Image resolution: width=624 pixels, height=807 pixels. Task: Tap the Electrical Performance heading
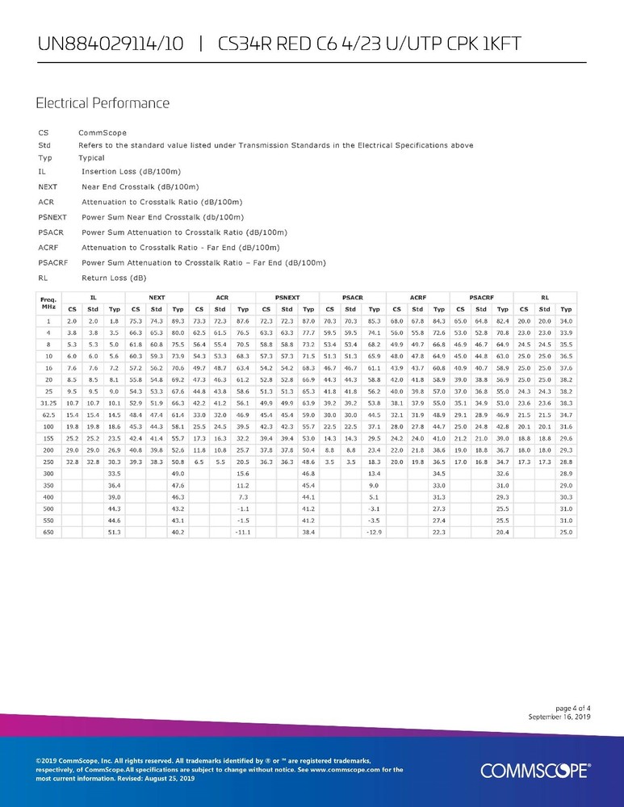pyautogui.click(x=103, y=103)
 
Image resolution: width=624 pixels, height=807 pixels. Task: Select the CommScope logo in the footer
pyautogui.click(x=535, y=770)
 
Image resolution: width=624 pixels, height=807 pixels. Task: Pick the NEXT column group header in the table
pyautogui.click(x=157, y=298)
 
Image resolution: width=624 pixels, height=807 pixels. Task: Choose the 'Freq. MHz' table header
pyautogui.click(x=48, y=303)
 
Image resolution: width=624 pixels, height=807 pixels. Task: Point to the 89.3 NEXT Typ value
pyautogui.click(x=178, y=321)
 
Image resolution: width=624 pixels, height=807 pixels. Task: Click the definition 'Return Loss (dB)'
pyautogui.click(x=114, y=278)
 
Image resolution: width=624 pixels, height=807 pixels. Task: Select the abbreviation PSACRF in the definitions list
pyautogui.click(x=52, y=262)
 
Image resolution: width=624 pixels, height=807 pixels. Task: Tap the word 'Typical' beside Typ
pyautogui.click(x=92, y=157)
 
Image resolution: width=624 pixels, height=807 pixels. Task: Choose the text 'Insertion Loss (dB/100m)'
pyautogui.click(x=130, y=172)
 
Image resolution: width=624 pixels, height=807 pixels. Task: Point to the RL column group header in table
pyautogui.click(x=546, y=298)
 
